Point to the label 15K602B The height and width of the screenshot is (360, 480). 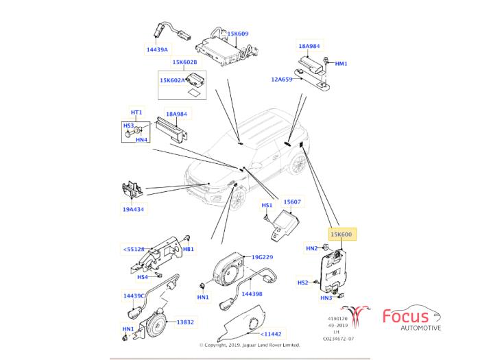(184, 62)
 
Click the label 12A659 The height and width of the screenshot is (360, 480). (282, 80)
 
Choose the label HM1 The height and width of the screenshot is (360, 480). (341, 64)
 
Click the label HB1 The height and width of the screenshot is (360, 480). (188, 249)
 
